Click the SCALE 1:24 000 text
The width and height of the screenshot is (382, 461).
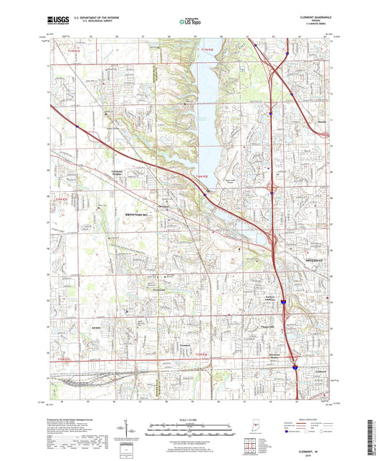(x=190, y=419)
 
